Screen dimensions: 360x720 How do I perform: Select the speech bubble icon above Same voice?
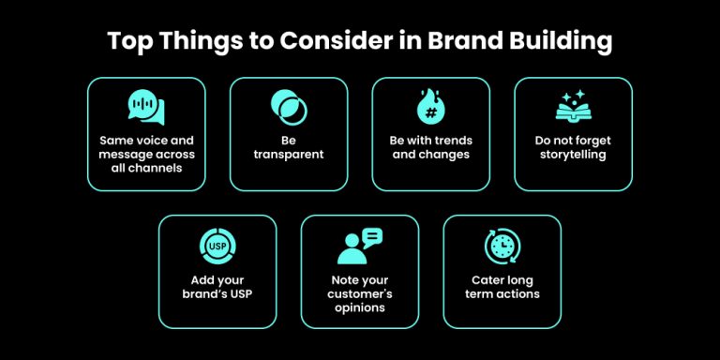coord(145,107)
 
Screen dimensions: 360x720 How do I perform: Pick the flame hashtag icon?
coord(430,104)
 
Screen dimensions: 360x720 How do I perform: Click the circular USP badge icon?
coord(217,246)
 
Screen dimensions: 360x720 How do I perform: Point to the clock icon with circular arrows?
coord(502,246)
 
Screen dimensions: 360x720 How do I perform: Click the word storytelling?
coord(573,155)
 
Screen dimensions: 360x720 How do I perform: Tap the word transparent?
coord(288,155)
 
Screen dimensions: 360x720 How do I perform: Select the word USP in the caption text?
coord(242,293)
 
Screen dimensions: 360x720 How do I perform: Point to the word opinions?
coord(359,307)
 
